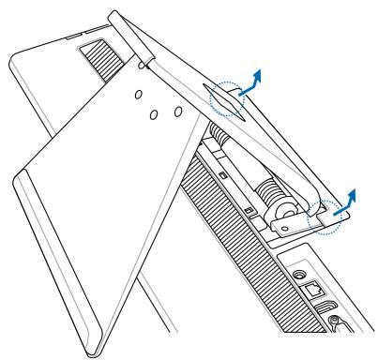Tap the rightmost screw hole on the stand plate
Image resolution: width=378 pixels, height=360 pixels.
pos(176,111)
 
